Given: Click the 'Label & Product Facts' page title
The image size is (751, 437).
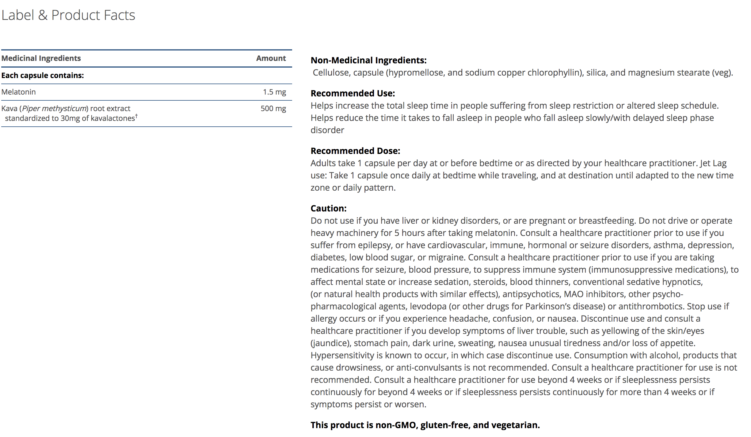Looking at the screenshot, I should (68, 15).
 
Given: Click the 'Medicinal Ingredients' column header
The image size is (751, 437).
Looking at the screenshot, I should (41, 58).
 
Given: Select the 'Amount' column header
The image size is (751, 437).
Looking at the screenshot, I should (271, 58).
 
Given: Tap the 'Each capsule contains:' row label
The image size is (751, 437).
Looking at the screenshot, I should (43, 75).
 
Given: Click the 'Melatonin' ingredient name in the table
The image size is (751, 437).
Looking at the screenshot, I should (19, 92).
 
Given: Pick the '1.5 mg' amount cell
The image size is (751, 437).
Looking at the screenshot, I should (274, 92).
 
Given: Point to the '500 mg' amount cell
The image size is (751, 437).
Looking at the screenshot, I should (273, 108).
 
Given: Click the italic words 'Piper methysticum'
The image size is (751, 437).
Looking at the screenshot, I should (54, 108).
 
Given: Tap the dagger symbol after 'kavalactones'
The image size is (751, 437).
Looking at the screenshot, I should (136, 116).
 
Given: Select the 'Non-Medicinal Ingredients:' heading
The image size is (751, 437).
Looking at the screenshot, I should (368, 60).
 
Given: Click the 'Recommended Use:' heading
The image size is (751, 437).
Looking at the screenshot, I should (353, 93).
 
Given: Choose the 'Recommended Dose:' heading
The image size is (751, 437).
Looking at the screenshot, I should (355, 151).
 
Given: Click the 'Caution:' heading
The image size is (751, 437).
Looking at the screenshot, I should (329, 208).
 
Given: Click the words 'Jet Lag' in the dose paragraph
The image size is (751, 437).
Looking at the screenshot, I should (713, 163).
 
